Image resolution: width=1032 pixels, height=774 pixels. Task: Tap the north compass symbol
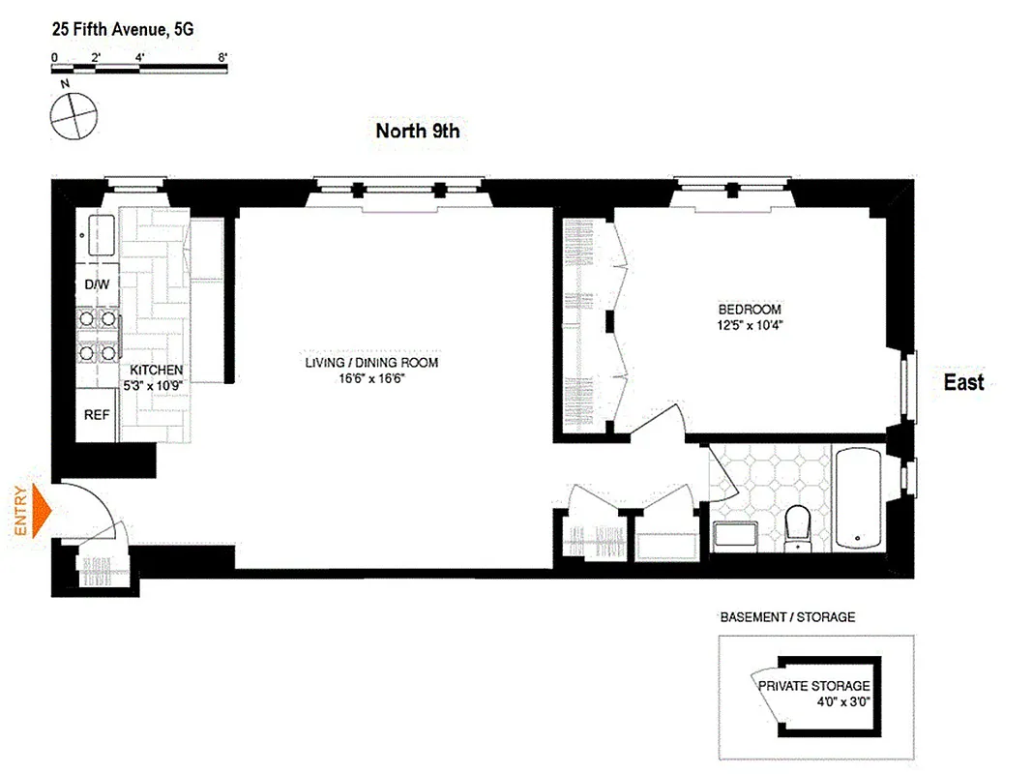pyautogui.click(x=74, y=115)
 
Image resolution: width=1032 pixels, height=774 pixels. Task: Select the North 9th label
pyautogui.click(x=417, y=132)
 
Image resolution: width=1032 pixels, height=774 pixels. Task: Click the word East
pyautogui.click(x=963, y=382)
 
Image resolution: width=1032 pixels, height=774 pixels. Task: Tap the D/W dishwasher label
pyautogui.click(x=97, y=285)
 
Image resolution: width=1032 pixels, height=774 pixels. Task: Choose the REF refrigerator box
pyautogui.click(x=97, y=415)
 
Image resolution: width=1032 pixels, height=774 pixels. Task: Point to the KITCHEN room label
pyautogui.click(x=157, y=371)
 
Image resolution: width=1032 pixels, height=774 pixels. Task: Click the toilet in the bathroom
pyautogui.click(x=799, y=527)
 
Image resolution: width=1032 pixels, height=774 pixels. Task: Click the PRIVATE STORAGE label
pyautogui.click(x=813, y=686)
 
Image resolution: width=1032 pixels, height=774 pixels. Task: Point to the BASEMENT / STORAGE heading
pyautogui.click(x=787, y=617)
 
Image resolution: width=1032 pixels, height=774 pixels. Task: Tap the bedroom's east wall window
pyautogui.click(x=909, y=389)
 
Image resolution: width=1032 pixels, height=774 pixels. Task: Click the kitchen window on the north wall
pyautogui.click(x=135, y=181)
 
